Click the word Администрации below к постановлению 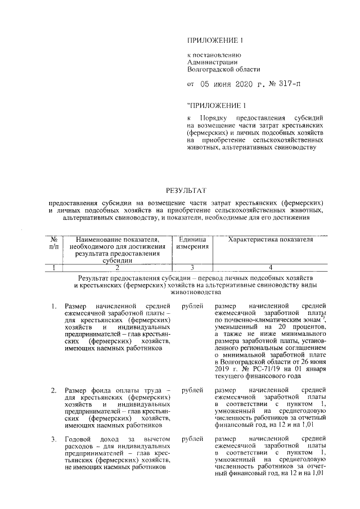pyautogui.click(x=212, y=62)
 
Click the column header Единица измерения pyautogui.click(x=192, y=243)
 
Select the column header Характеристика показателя pyautogui.click(x=270, y=240)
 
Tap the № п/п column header pyautogui.click(x=54, y=243)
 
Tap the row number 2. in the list pyautogui.click(x=53, y=390)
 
